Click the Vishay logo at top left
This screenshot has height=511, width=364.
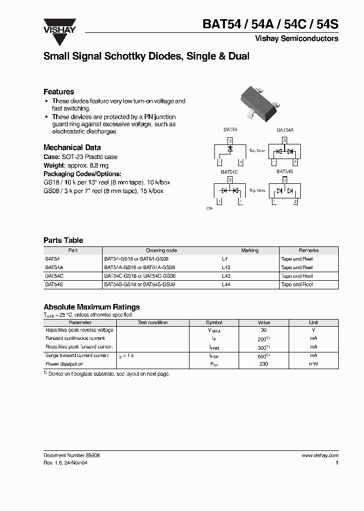[59, 25]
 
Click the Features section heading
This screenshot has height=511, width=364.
[59, 92]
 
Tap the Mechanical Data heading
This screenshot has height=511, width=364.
[72, 147]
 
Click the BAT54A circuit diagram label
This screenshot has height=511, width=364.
[285, 130]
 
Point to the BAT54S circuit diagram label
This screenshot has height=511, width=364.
[285, 172]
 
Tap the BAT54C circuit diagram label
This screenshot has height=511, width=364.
[230, 172]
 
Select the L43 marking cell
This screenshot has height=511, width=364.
[226, 276]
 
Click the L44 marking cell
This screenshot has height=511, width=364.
[226, 285]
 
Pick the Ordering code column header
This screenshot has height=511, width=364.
[161, 250]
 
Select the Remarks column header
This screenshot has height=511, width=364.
[308, 250]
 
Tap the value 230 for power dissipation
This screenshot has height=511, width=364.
[263, 364]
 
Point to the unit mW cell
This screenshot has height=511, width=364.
[313, 364]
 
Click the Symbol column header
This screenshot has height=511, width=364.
[214, 322]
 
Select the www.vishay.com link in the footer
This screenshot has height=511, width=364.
[320, 455]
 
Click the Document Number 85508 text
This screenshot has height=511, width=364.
[71, 455]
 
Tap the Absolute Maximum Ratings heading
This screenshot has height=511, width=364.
[92, 307]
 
